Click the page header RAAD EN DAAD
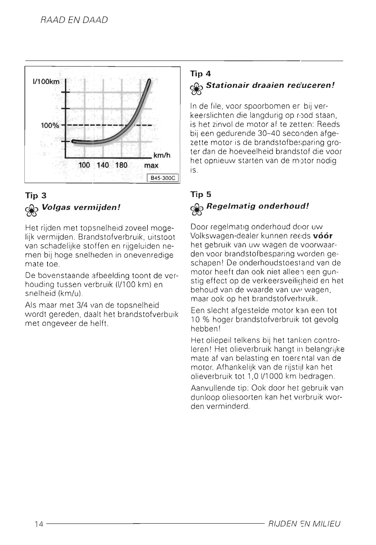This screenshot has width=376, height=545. [74, 20]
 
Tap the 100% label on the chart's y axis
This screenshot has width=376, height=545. [50, 126]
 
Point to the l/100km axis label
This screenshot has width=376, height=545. [46, 82]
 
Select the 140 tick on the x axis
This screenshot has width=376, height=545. [103, 165]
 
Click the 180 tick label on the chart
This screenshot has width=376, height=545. [121, 165]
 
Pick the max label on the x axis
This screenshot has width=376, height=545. [151, 165]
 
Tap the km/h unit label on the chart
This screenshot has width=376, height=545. [162, 155]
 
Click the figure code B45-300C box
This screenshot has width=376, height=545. [162, 178]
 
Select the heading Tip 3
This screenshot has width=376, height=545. [36, 196]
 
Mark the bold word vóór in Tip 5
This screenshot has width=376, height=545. [323, 236]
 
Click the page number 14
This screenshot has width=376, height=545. [39, 524]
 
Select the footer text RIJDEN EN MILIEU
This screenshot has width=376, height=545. [305, 524]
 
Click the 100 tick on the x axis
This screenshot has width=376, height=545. [84, 165]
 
